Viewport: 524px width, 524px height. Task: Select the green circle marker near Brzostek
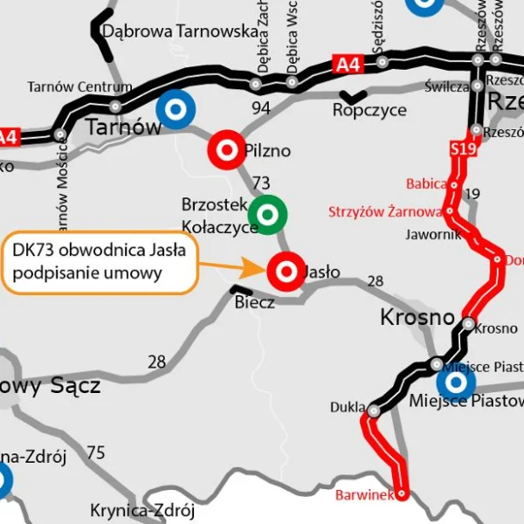(267, 212)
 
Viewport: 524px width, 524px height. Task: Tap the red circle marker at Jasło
(285, 271)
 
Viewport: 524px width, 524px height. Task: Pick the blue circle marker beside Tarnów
(176, 111)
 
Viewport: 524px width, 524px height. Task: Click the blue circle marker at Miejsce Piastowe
(455, 382)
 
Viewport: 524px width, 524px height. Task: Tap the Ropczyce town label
(369, 111)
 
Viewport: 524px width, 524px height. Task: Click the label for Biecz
(255, 302)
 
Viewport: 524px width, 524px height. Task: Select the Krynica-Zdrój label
(142, 510)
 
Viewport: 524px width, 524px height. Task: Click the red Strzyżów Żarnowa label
(385, 212)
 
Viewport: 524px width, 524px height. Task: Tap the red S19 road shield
(463, 150)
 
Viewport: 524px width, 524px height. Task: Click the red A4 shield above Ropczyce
(348, 63)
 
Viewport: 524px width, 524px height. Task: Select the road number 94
(261, 108)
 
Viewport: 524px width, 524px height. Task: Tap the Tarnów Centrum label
(79, 86)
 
